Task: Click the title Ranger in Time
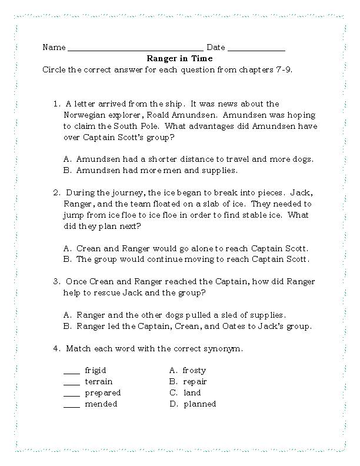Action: (x=179, y=59)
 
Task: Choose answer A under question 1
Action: (x=188, y=159)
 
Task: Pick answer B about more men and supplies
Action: (x=150, y=170)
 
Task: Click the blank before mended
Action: (x=71, y=407)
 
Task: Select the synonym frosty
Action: (x=194, y=371)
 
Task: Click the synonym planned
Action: (x=199, y=404)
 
